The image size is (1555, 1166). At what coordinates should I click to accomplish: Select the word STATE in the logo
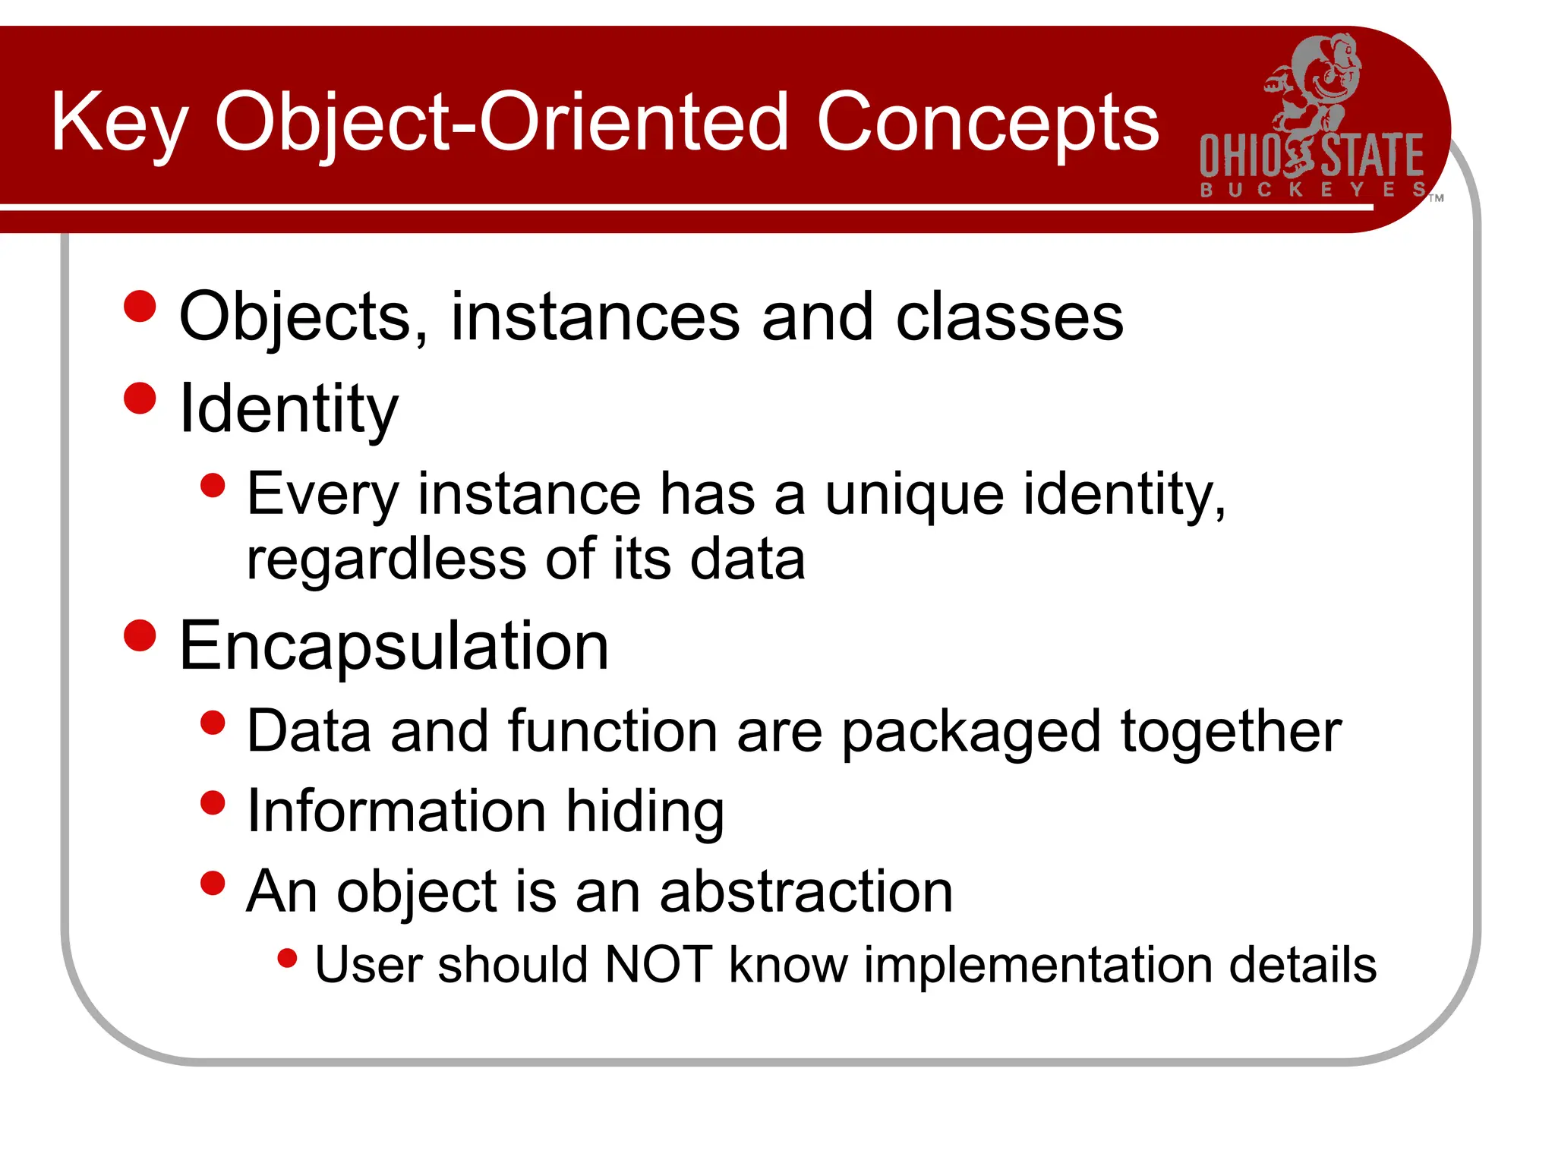[1372, 156]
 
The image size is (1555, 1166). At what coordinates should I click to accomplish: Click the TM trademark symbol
[1436, 199]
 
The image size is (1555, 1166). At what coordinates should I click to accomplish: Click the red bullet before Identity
[140, 398]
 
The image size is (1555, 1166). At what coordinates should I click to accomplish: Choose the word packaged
[971, 732]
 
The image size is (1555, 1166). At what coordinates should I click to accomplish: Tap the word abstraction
[806, 891]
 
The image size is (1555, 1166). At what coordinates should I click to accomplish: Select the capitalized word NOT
[658, 965]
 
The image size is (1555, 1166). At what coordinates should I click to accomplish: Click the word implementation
[1038, 966]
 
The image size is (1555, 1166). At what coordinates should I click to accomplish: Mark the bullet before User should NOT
[287, 958]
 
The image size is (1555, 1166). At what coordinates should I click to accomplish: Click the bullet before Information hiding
[213, 802]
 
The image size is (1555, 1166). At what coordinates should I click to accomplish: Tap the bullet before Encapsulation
[140, 635]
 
